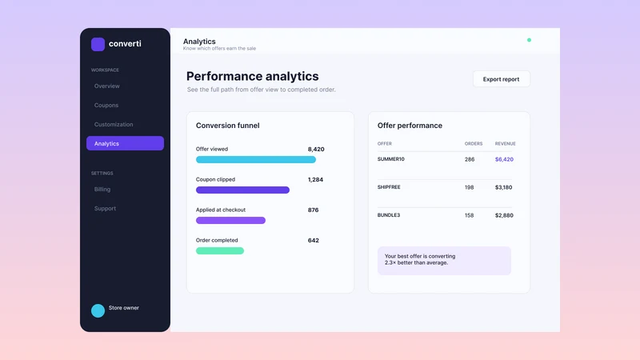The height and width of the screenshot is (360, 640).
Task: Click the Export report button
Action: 502,79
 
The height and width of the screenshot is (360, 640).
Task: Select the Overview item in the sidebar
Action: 107,86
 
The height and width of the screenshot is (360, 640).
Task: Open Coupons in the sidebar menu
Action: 106,106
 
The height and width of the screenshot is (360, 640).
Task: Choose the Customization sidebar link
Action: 114,125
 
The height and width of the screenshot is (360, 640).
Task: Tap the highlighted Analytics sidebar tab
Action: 125,143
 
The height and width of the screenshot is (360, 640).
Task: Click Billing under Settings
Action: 102,190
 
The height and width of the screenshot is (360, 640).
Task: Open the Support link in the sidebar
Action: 105,209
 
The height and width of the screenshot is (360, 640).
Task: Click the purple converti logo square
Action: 98,44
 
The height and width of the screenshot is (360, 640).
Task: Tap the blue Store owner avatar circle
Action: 98,310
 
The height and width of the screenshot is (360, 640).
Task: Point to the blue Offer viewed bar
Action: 256,159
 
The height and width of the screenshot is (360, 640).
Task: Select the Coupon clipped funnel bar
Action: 243,190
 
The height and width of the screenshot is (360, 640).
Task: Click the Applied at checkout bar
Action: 230,221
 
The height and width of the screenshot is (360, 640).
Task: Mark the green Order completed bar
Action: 220,250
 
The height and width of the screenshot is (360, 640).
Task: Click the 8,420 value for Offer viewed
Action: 316,150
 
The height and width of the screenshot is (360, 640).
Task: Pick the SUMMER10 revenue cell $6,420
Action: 504,159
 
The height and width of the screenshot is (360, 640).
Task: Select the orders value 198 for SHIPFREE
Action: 469,187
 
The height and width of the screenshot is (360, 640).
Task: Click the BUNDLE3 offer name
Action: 389,215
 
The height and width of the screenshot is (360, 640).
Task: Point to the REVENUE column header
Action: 506,144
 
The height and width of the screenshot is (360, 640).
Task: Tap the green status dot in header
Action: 529,40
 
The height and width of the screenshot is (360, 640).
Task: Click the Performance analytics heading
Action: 252,76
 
